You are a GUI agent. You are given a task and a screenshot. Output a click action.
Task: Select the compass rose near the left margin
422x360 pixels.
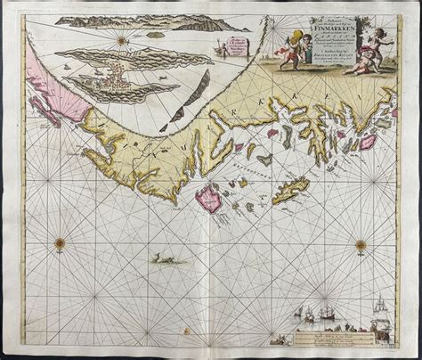click(x=60, y=241)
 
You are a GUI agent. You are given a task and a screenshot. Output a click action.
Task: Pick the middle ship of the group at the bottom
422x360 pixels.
click(x=307, y=315)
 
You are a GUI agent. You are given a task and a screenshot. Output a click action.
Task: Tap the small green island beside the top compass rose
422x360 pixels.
click(x=155, y=34)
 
